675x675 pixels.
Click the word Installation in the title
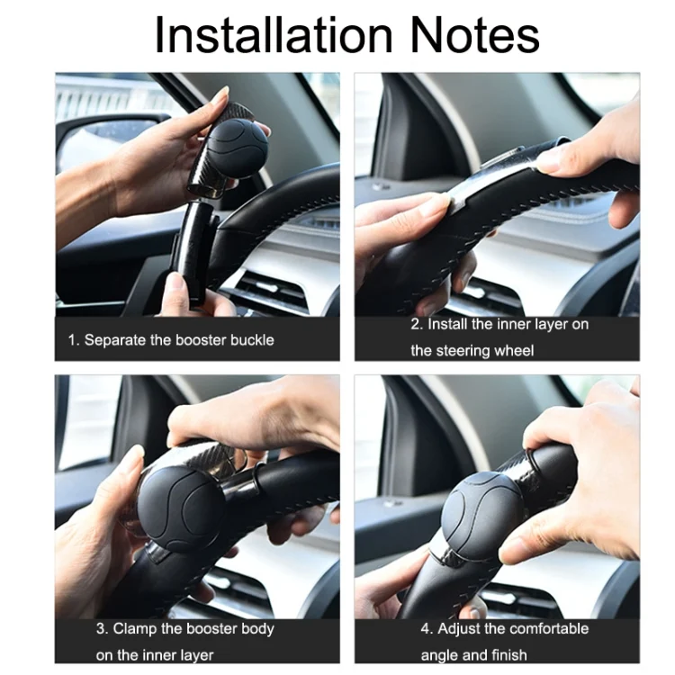274,35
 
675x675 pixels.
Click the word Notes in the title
474,35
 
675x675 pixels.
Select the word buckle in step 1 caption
251,340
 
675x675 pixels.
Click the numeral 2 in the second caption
416,324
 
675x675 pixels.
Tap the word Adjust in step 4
460,628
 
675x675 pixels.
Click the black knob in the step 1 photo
237,146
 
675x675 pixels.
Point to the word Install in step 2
447,324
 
